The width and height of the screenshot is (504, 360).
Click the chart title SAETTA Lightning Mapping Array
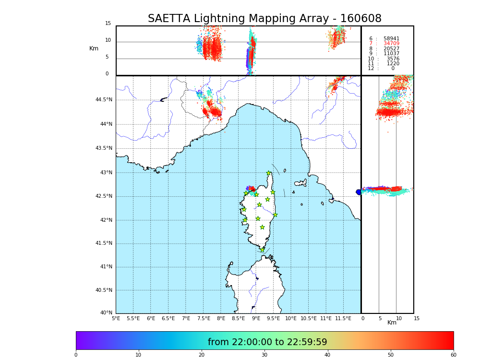click(x=264, y=19)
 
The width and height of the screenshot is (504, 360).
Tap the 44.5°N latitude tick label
click(x=104, y=100)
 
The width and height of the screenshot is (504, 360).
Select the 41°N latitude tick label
click(x=106, y=267)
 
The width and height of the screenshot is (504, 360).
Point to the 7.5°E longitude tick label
click(x=204, y=318)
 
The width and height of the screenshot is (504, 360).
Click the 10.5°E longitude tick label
click(x=309, y=318)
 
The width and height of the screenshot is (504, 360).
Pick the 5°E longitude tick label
click(x=116, y=318)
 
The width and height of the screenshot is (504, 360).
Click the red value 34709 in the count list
click(x=391, y=44)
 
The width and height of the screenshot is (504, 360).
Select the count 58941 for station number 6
click(x=391, y=39)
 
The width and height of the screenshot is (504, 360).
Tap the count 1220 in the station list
click(x=393, y=64)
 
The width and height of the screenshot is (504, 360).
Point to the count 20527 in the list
click(x=391, y=49)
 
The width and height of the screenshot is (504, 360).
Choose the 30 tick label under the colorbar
click(x=264, y=355)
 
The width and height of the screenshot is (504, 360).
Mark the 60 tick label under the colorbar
click(x=453, y=355)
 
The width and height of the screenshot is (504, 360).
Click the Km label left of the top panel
click(x=94, y=48)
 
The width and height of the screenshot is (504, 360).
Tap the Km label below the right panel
click(x=392, y=323)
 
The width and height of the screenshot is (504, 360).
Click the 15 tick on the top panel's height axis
click(x=108, y=24)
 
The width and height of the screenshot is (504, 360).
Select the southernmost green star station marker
click(x=262, y=250)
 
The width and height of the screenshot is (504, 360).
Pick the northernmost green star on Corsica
click(x=269, y=173)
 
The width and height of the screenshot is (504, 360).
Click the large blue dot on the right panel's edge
click(x=359, y=192)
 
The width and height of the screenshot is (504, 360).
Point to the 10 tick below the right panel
click(x=399, y=318)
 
